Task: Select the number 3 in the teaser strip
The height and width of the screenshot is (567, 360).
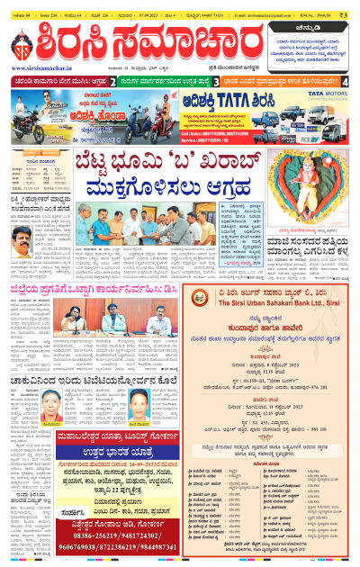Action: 230,82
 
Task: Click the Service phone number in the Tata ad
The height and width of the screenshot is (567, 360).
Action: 216,139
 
